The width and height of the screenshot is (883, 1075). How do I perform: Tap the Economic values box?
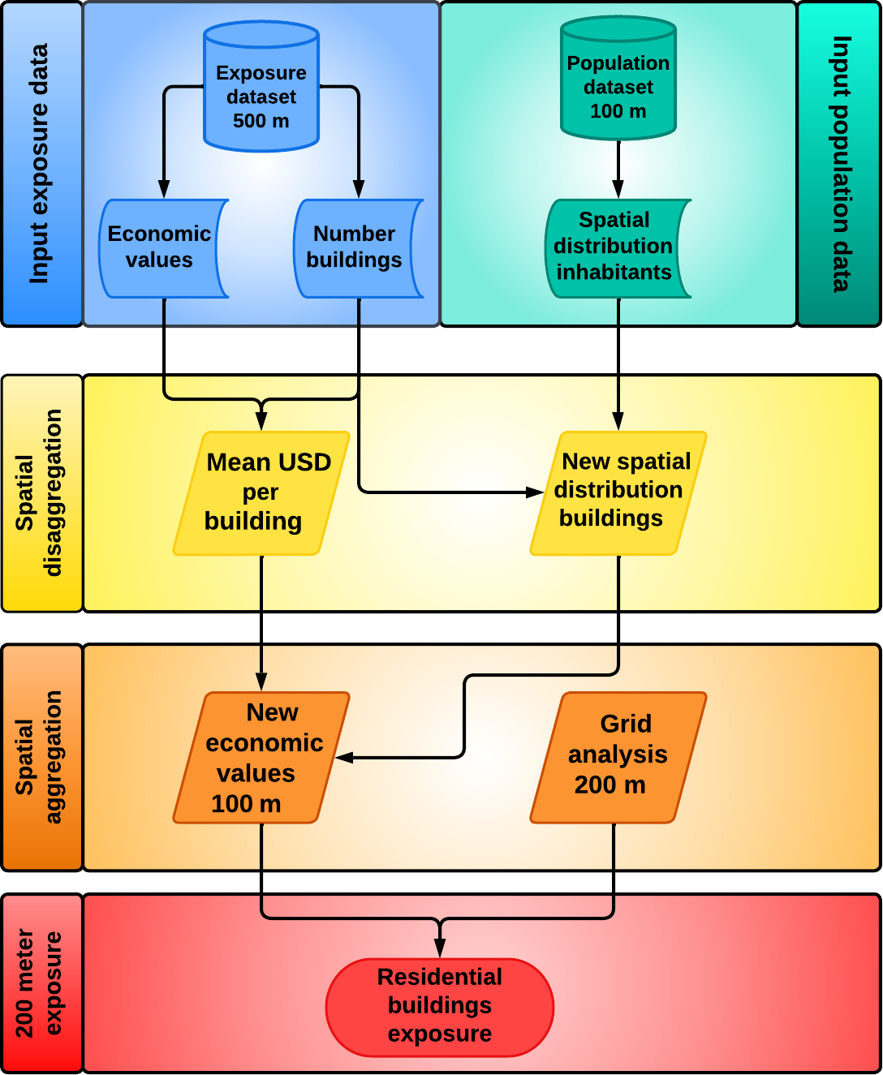[x=160, y=247]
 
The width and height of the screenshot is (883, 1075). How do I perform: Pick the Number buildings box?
[x=355, y=247]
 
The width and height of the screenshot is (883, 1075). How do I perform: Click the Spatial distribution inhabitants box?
[x=615, y=247]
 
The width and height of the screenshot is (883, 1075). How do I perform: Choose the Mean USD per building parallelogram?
[x=261, y=492]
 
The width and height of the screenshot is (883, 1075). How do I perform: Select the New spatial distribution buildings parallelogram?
[x=618, y=492]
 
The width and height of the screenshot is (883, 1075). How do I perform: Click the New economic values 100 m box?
[x=261, y=757]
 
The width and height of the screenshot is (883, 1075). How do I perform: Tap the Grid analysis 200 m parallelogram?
[x=618, y=757]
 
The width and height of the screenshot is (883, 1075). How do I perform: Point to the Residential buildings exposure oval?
[x=440, y=1007]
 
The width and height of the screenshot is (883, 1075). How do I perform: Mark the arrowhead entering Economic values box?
[x=164, y=190]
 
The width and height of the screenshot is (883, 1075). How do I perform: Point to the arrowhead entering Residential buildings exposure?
[x=440, y=948]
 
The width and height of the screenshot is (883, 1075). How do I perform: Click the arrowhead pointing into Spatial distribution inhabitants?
[x=618, y=190]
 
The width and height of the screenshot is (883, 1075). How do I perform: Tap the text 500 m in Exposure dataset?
[x=261, y=122]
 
